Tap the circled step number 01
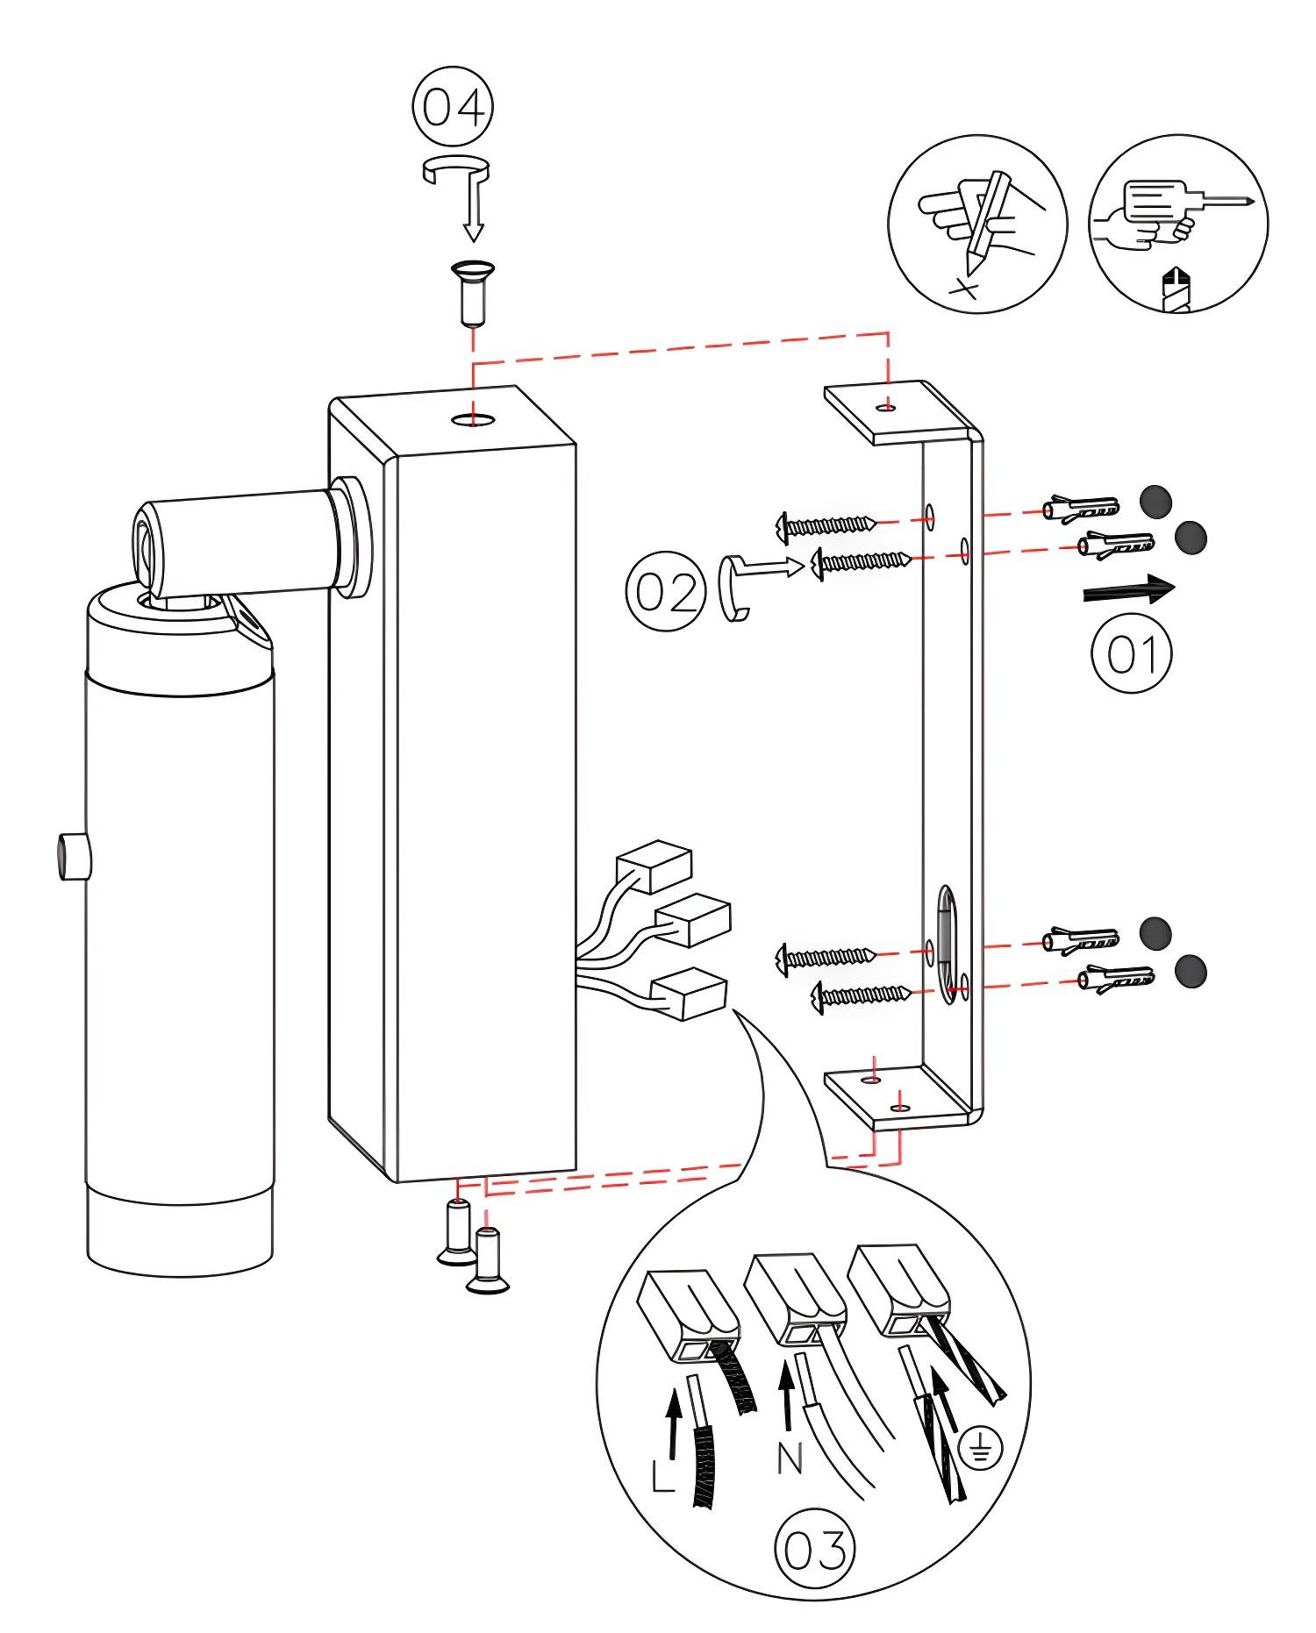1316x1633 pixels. coord(1132,653)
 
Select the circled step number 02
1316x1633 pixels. coord(666,591)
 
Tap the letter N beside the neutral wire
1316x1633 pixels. coord(790,1458)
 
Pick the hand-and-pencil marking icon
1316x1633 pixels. coord(977,224)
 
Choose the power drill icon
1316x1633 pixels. coord(1178,224)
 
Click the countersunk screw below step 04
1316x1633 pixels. coord(473,293)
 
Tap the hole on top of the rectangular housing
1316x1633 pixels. coord(473,420)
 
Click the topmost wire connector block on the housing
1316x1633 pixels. coord(654,866)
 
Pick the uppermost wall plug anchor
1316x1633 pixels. coord(1081,508)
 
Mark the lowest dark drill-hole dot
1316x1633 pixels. coord(1190,971)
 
